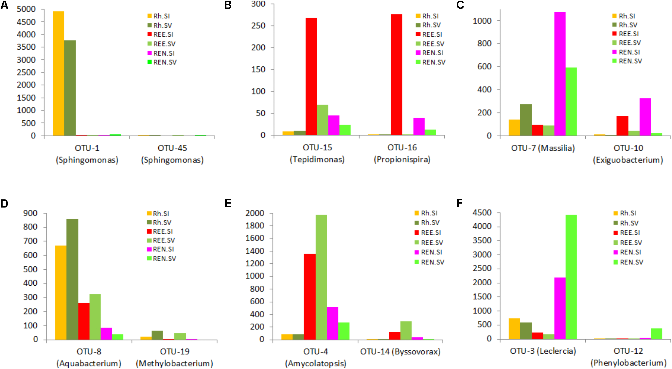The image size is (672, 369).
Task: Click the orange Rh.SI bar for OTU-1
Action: coord(58,74)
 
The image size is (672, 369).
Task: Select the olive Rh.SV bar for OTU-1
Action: coord(70,88)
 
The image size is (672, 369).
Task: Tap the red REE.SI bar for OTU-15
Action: coord(311,76)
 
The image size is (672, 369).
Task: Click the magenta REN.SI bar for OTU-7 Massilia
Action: coord(560,74)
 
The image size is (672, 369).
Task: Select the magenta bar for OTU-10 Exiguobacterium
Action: coord(645,117)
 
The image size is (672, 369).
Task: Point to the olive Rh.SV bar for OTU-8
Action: coord(72,279)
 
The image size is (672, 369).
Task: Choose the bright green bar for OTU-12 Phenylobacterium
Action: coord(656,334)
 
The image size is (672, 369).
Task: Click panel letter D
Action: coord(4,204)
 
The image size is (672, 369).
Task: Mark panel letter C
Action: coord(460,5)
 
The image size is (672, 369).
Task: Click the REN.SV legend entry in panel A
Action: coord(162,62)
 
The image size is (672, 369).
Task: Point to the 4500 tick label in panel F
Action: coord(482,213)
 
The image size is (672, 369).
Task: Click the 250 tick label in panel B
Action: coord(258,25)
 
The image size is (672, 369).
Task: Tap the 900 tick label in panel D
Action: coord(30,213)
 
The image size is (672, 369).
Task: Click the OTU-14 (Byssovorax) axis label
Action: coord(400,352)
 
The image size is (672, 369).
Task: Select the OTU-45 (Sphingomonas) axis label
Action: coord(172,154)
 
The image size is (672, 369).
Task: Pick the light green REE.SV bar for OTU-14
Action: coord(406,330)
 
